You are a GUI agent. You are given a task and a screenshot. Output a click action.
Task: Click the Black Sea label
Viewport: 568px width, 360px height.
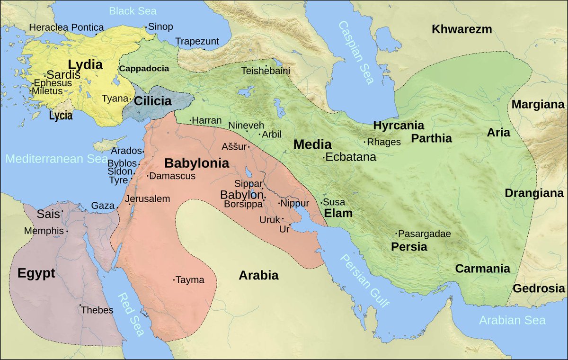pos(133,11)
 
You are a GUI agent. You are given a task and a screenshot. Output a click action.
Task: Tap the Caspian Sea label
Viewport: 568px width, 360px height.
pos(356,53)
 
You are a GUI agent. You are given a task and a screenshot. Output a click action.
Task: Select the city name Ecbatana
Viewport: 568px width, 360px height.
pos(351,157)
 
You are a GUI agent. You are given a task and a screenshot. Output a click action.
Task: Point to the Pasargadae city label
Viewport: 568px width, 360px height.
pos(425,234)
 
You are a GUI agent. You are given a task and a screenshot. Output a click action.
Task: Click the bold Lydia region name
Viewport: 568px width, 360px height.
pos(85,64)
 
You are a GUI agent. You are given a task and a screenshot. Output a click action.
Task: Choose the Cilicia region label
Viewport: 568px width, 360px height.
pos(152,101)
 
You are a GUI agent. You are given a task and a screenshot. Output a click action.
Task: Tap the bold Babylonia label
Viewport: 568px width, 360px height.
pos(196,164)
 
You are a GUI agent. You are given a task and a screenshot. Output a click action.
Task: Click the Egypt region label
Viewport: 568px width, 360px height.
pos(36,273)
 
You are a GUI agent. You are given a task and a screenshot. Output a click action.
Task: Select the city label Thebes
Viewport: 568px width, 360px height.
pos(97,310)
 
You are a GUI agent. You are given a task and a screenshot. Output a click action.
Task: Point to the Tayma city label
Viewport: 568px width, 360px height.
pos(190,280)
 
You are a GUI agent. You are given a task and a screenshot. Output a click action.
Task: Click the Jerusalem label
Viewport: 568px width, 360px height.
pos(148,199)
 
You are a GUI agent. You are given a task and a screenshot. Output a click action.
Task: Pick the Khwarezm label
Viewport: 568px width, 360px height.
pos(461,29)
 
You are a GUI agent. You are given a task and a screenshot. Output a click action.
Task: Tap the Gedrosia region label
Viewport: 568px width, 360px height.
pos(538,288)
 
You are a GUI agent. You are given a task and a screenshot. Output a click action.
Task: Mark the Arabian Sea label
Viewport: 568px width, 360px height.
pos(512,320)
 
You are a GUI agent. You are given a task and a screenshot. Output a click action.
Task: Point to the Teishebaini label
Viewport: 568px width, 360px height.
pos(266,71)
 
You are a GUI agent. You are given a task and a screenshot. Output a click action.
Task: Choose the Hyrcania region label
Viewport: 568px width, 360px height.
pos(399,126)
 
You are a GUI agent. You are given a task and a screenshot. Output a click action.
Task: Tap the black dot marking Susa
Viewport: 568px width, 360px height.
pos(322,203)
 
